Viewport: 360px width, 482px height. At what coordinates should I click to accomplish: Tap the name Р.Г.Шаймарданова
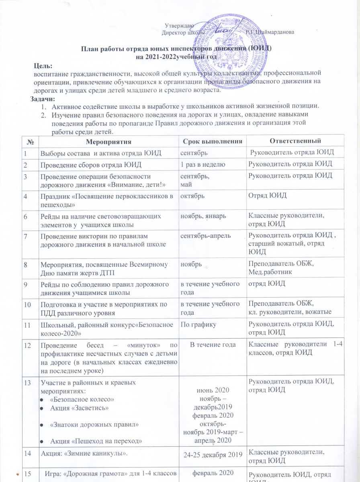click(x=272, y=32)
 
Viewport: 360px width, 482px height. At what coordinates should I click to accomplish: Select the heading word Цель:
click(x=43, y=65)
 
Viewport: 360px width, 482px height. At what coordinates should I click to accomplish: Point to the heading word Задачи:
click(x=44, y=98)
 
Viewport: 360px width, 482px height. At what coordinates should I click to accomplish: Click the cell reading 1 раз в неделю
click(x=202, y=163)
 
